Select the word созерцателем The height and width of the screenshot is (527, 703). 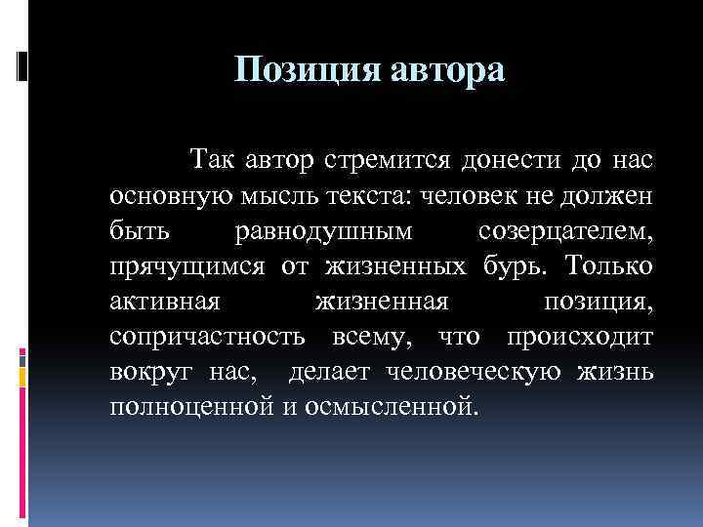(x=566, y=233)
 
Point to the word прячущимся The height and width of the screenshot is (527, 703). (x=180, y=267)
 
